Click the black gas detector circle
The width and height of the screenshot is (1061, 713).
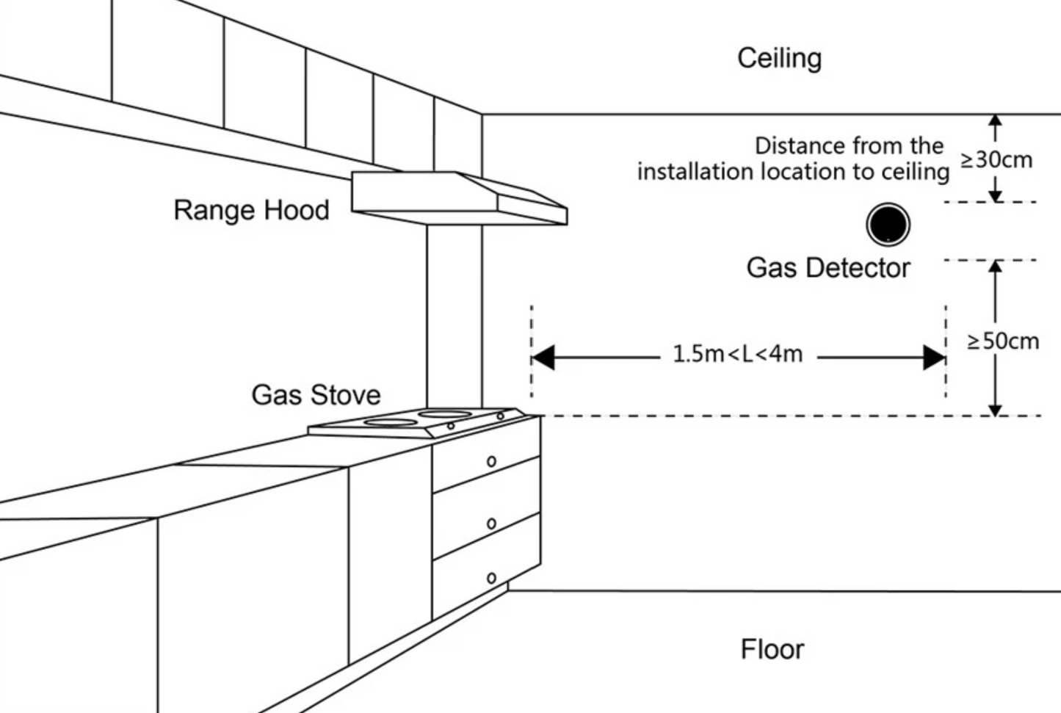(888, 225)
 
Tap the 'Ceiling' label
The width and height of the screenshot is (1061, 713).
(779, 58)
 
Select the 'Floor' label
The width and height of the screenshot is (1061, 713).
(772, 649)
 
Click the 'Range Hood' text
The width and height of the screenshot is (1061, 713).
(251, 210)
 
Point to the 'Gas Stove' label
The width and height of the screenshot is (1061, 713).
(316, 395)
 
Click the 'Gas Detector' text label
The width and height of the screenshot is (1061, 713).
(828, 268)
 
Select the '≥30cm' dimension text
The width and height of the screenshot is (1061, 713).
(996, 159)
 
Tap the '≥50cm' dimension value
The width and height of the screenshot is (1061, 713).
(1002, 341)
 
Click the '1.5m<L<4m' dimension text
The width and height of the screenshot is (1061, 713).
(737, 354)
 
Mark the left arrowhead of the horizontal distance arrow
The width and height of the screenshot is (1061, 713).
(543, 358)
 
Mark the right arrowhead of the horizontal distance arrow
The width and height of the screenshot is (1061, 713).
(934, 358)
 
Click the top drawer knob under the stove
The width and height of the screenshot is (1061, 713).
(491, 461)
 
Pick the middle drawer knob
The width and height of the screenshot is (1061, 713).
(491, 524)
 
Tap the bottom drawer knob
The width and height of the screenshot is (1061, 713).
(491, 579)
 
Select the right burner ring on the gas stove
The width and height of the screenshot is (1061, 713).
(446, 414)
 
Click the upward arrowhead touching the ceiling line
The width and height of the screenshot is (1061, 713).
(995, 121)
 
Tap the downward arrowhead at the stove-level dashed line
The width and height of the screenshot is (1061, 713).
(995, 409)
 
